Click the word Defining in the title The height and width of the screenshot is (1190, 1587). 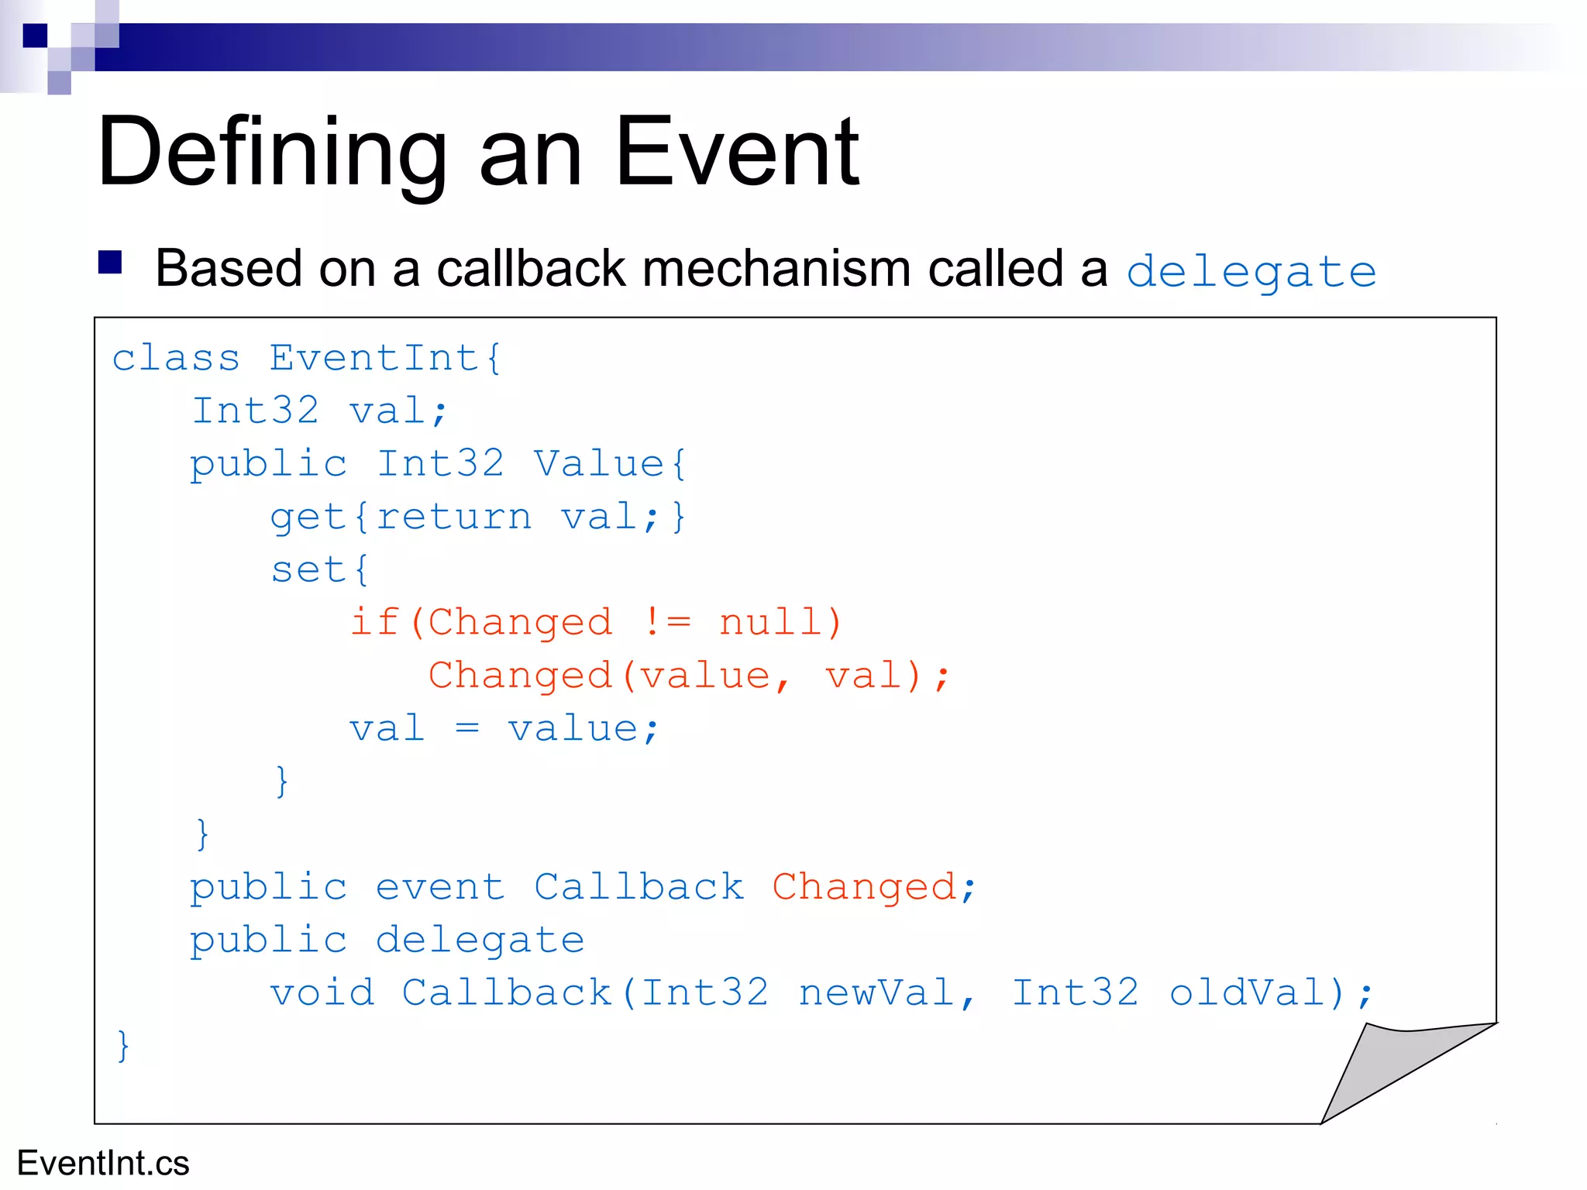pyautogui.click(x=271, y=153)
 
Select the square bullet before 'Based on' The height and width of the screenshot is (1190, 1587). pyautogui.click(x=110, y=263)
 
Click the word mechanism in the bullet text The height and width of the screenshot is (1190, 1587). pyautogui.click(x=776, y=269)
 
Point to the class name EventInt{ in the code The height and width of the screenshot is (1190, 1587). pyautogui.click(x=385, y=359)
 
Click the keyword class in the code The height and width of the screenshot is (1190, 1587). pyautogui.click(x=176, y=359)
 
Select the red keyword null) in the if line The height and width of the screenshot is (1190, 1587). pyautogui.click(x=780, y=622)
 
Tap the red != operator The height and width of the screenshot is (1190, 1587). pyautogui.click(x=666, y=622)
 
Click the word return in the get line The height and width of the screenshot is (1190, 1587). pyautogui.click(x=454, y=517)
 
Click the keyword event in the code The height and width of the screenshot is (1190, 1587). pyautogui.click(x=439, y=887)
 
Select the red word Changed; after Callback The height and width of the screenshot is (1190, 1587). pyautogui.click(x=873, y=887)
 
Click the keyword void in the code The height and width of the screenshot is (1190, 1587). pyautogui.click(x=322, y=993)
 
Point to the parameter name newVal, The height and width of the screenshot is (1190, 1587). pyautogui.click(x=887, y=993)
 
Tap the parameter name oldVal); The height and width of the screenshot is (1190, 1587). pyautogui.click(x=1271, y=993)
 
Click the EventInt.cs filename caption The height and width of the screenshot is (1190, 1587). pyautogui.click(x=103, y=1163)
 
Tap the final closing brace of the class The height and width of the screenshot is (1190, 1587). pyautogui.click(x=122, y=1046)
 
